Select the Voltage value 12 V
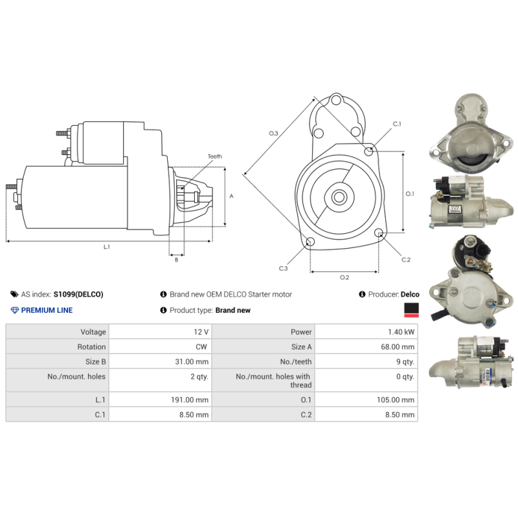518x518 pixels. click(201, 332)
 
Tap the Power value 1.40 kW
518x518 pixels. click(401, 332)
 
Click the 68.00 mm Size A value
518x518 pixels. click(398, 346)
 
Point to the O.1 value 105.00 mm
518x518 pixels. click(396, 400)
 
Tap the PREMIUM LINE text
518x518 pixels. click(47, 310)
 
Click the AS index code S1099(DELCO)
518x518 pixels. click(78, 294)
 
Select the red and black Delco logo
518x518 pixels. click(411, 310)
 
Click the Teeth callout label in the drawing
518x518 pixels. click(214, 157)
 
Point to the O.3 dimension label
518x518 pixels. click(273, 133)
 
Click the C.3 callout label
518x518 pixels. click(284, 268)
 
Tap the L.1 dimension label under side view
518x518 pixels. click(107, 247)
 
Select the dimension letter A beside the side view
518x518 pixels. click(231, 196)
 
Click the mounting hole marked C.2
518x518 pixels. click(379, 233)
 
